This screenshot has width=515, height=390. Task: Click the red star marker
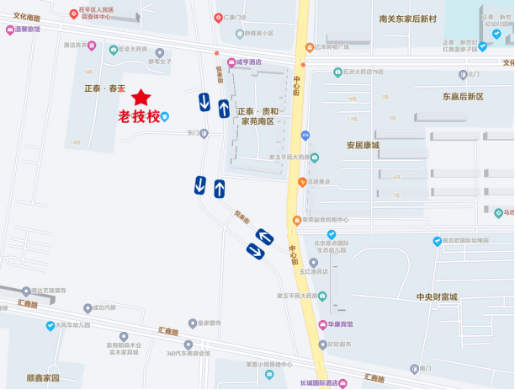[x=141, y=98]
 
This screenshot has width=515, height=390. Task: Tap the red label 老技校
[x=138, y=117]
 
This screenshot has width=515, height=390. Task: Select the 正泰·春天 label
[x=104, y=88]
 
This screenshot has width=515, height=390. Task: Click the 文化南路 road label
[x=27, y=17]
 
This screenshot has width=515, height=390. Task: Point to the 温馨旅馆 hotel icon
[x=8, y=29]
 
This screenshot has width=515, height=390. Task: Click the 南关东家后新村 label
[x=408, y=19]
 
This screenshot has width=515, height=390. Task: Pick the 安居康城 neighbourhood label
[x=363, y=145]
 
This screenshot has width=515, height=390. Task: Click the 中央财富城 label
[x=437, y=297]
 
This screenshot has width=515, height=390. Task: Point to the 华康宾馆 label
[x=341, y=324]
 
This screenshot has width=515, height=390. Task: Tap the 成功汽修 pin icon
[x=87, y=307]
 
